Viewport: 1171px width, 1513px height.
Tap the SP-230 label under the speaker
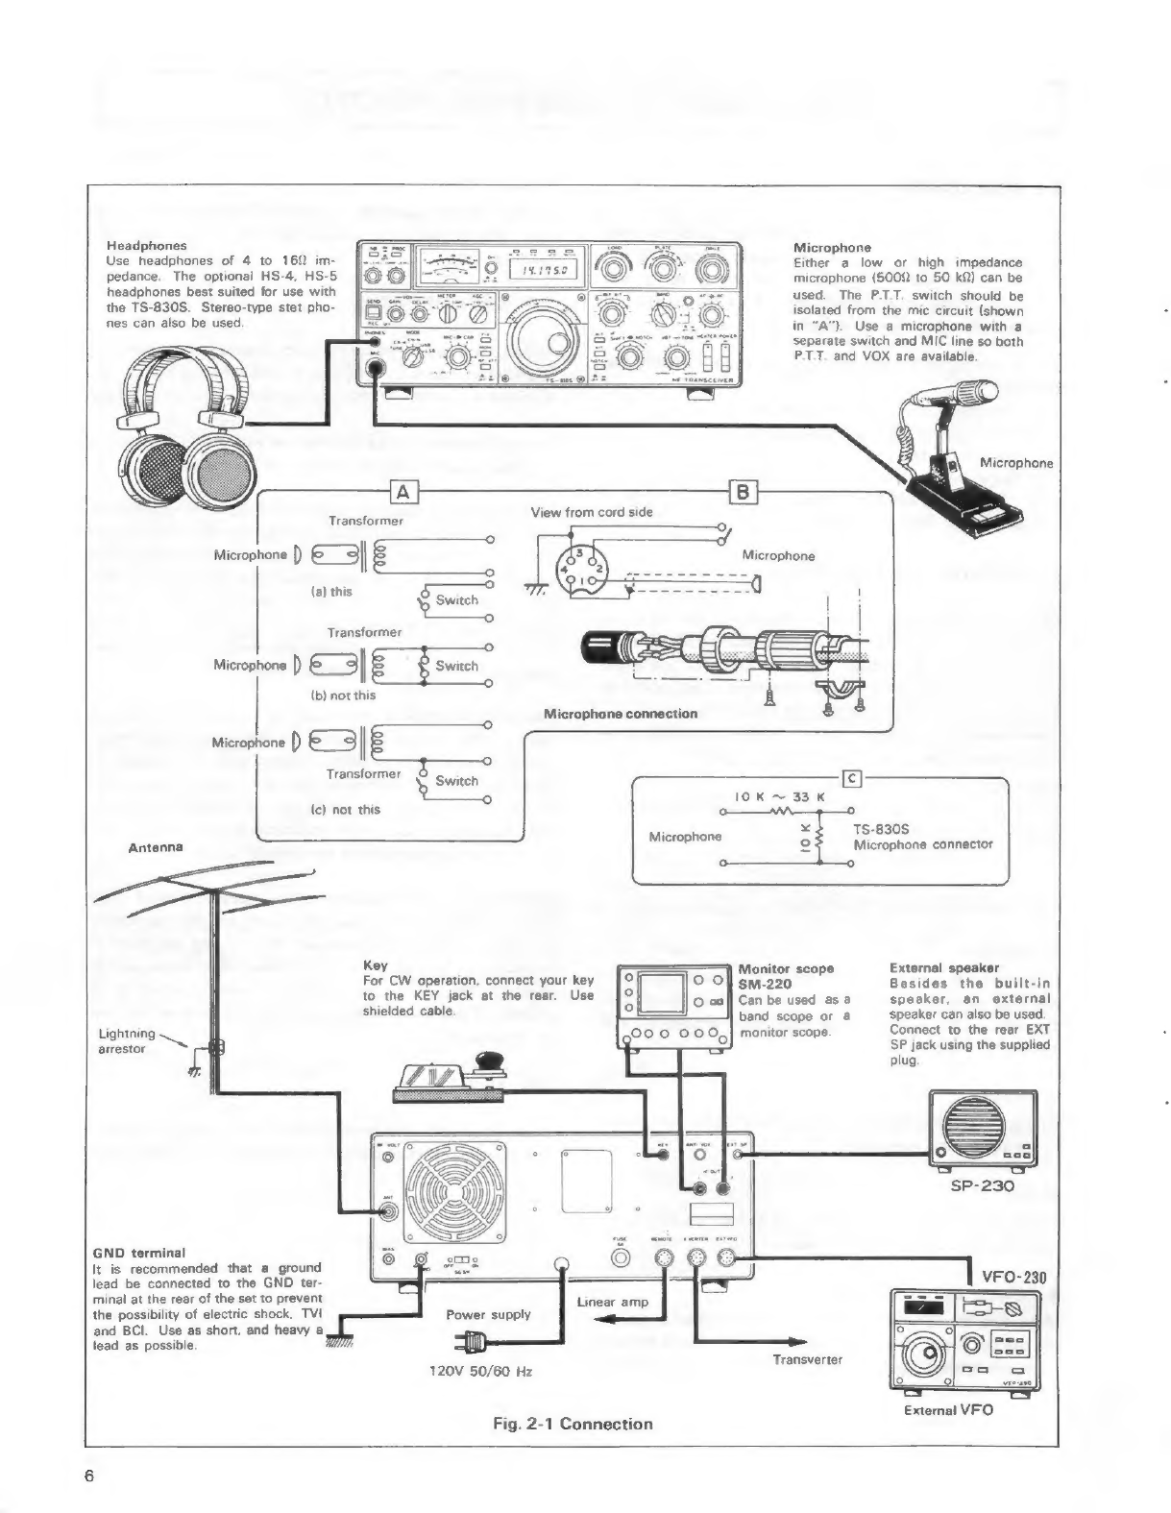click(x=983, y=1185)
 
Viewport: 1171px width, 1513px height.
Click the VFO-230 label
click(x=1012, y=1277)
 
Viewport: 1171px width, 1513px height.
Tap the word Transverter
click(x=806, y=1359)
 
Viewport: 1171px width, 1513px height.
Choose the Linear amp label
click(x=613, y=1302)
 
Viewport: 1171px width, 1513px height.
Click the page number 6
click(x=88, y=1476)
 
